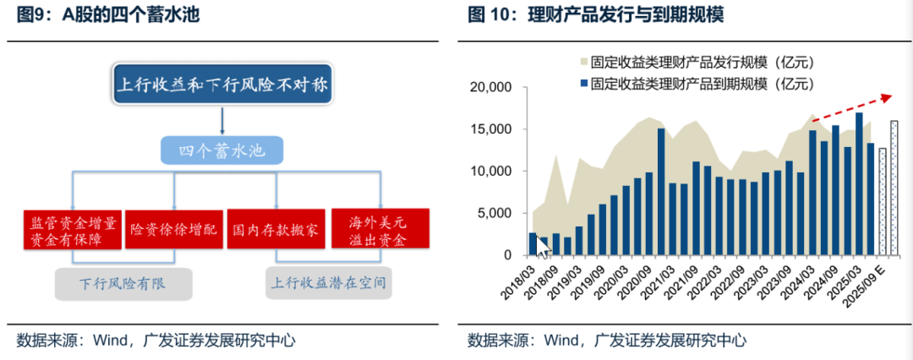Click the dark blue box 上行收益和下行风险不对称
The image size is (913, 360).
coord(222,85)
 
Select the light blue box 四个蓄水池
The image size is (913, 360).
coord(221,151)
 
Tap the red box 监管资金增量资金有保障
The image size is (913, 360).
coord(73,228)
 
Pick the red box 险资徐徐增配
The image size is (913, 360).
coord(174,229)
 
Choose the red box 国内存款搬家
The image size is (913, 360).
coord(276,229)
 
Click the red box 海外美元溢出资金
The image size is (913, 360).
coord(380,228)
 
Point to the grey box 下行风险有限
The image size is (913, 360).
coord(123,284)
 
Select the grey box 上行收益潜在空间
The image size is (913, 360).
coord(328,283)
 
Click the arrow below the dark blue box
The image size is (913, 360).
coord(222,121)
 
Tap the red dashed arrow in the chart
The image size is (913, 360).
coord(852,108)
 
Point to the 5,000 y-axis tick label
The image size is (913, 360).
coord(495,213)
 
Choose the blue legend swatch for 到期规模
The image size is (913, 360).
coord(582,84)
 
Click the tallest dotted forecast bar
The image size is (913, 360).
coord(894,188)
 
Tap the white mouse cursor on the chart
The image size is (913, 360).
coord(541,246)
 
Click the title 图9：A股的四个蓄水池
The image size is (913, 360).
coord(108,16)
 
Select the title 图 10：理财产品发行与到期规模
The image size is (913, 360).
coord(596,16)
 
